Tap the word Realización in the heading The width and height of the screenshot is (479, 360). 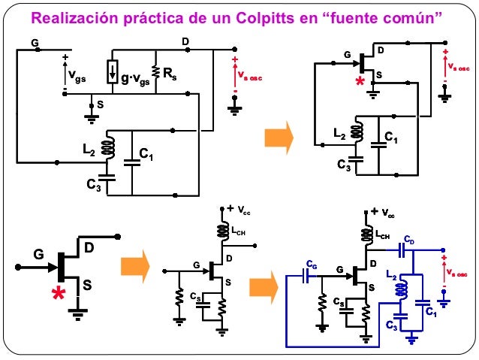click(83, 16)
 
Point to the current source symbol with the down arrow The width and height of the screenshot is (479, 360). click(112, 71)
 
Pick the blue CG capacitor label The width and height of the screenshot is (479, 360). click(311, 264)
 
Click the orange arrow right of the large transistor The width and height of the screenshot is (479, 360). click(135, 265)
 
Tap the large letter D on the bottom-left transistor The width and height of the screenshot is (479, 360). click(89, 247)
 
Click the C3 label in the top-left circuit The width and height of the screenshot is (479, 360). click(93, 184)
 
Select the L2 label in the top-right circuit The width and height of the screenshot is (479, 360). click(339, 134)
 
